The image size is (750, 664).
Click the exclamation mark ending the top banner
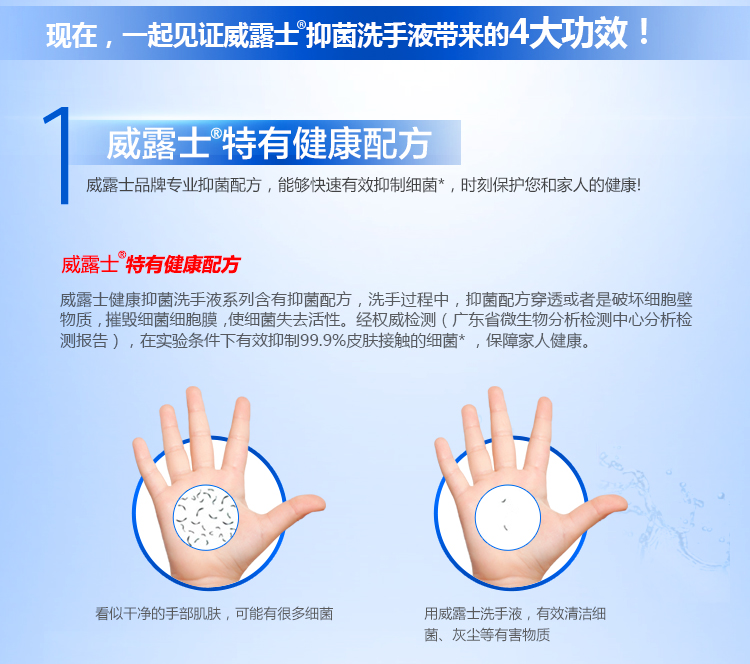644,31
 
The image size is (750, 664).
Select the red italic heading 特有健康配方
183,265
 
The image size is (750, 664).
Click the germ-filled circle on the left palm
206,517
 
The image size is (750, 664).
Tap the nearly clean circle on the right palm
507,517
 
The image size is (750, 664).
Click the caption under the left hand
214,613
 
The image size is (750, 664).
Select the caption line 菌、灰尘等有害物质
487,635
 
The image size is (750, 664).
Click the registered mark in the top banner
301,24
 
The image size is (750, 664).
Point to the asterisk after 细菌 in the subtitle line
441,182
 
